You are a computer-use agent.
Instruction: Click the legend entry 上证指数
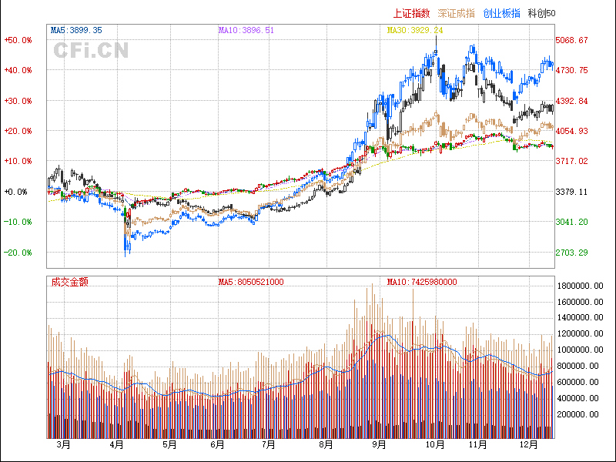pos(410,13)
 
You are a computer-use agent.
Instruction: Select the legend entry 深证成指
pos(456,13)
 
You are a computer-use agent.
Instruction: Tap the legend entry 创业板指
pos(501,13)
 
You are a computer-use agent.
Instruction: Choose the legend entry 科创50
pos(542,13)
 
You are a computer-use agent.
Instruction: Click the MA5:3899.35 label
pos(76,30)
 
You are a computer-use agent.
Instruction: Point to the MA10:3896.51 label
pos(246,30)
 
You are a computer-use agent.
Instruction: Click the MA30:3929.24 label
pos(415,30)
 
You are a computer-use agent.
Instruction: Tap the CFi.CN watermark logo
pos(91,51)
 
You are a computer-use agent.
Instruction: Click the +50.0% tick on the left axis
pos(18,40)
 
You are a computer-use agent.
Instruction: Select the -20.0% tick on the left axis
pos(18,253)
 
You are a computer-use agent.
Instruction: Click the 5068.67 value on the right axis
pos(571,40)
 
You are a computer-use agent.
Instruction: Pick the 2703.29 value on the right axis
pos(571,253)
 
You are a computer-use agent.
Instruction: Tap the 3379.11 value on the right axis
pos(571,192)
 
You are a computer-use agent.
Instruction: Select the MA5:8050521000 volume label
pos(251,282)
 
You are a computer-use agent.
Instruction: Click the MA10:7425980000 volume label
pos(422,282)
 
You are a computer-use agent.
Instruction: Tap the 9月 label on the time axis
pos(378,444)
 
